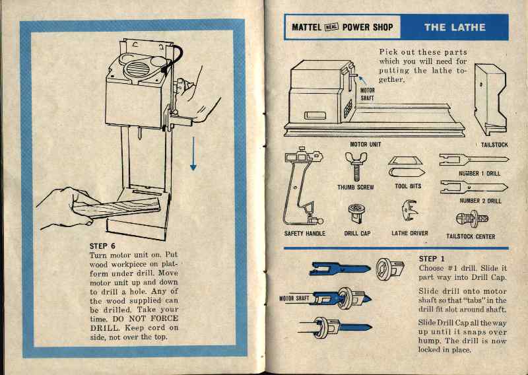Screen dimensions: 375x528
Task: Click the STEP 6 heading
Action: click(103, 246)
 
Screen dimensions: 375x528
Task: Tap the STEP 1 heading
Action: click(432, 258)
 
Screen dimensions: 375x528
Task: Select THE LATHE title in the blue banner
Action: click(455, 27)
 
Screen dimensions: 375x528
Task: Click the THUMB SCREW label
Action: click(355, 187)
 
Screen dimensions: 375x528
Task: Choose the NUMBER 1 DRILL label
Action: click(480, 174)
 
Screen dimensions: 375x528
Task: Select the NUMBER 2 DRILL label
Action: click(480, 201)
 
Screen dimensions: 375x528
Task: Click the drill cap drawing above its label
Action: click(357, 213)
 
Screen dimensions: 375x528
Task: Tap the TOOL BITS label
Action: click(407, 187)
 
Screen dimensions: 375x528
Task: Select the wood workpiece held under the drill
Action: click(119, 211)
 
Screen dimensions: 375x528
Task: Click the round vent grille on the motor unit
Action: click(135, 69)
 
